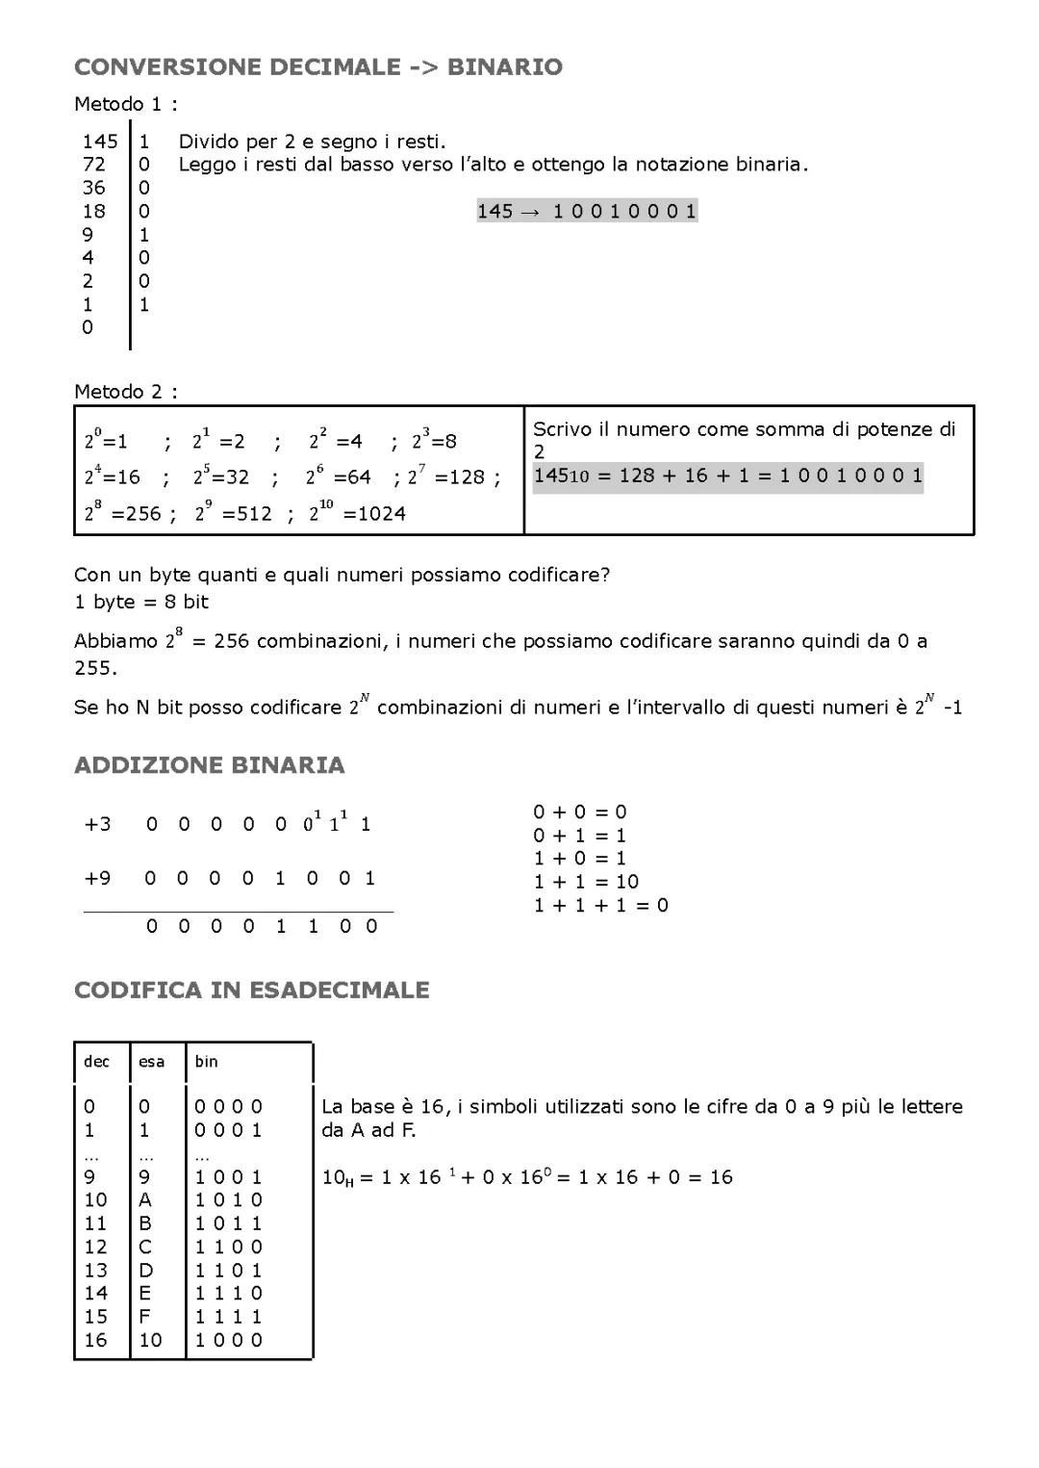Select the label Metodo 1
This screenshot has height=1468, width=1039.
(x=125, y=104)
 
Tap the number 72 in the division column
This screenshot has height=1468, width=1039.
(x=93, y=165)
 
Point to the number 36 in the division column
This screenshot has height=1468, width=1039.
(x=93, y=188)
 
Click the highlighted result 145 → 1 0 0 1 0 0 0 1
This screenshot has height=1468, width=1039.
(x=587, y=211)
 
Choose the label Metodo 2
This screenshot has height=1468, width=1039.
(x=125, y=392)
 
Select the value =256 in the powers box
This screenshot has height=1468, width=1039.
(x=137, y=513)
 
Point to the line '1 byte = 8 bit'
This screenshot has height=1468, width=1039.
(x=141, y=602)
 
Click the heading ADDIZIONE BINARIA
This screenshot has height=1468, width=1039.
(x=209, y=765)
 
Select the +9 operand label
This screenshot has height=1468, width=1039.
(x=97, y=878)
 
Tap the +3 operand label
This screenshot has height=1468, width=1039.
(x=97, y=824)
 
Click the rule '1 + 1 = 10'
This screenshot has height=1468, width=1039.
(x=586, y=882)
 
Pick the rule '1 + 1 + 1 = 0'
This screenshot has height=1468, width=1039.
(x=600, y=905)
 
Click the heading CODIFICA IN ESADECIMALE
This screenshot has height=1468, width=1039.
(x=251, y=991)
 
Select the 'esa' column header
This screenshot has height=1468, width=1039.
(x=151, y=1062)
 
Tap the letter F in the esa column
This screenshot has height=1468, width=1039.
(x=145, y=1316)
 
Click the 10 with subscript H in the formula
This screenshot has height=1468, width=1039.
(x=337, y=1177)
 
